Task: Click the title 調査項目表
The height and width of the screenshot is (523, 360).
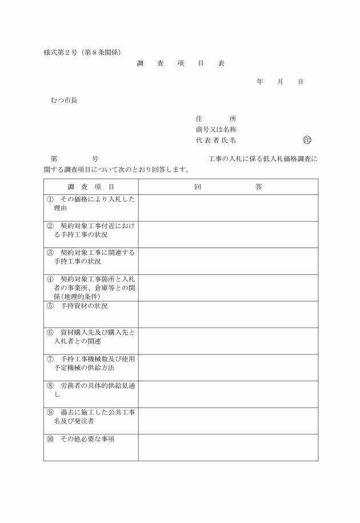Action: tap(181, 63)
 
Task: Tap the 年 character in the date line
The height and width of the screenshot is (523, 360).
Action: tap(260, 82)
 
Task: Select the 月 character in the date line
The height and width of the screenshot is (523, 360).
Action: tap(280, 82)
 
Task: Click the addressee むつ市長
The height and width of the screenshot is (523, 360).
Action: tap(64, 101)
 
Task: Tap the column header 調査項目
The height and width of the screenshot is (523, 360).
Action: tap(91, 187)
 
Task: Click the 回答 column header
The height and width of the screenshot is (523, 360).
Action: tap(228, 187)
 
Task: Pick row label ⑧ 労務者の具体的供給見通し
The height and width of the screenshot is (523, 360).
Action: tap(91, 390)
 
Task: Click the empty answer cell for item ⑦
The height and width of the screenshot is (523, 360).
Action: tap(228, 368)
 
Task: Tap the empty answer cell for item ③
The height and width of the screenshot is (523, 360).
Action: tap(228, 261)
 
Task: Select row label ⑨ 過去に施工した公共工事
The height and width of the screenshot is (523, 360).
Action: tap(91, 417)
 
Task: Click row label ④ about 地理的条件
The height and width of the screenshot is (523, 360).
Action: tap(91, 288)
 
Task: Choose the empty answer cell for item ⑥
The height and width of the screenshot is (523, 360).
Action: tap(228, 341)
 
